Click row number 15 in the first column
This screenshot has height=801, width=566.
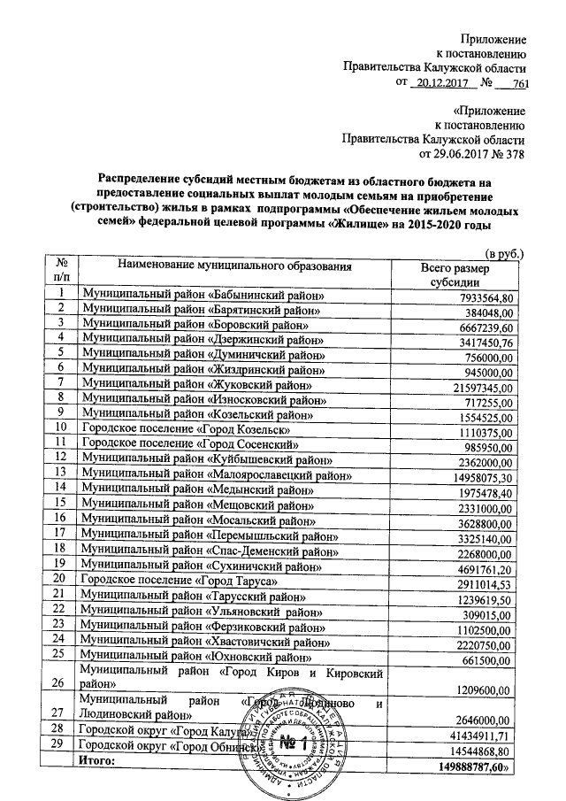[61, 503]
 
